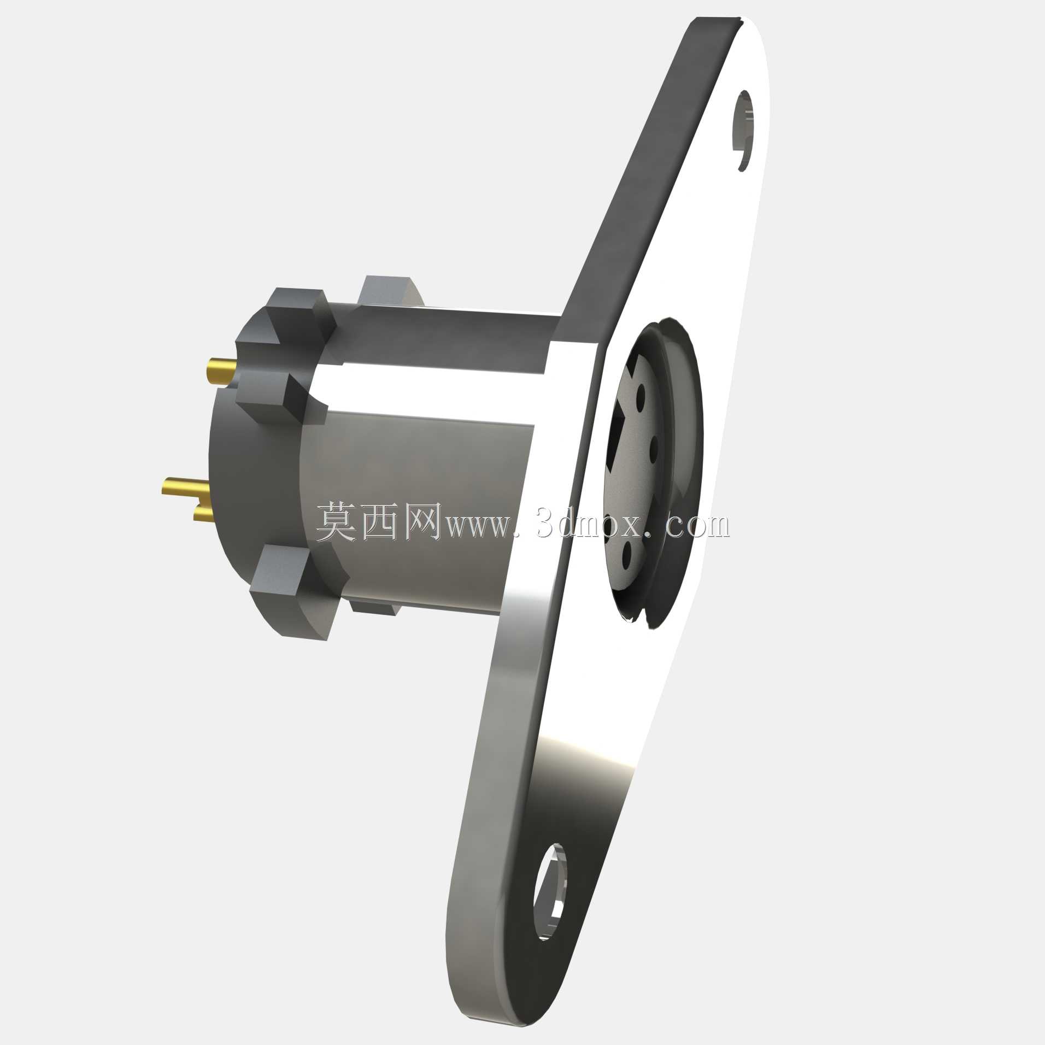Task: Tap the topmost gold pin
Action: click(x=222, y=371)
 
